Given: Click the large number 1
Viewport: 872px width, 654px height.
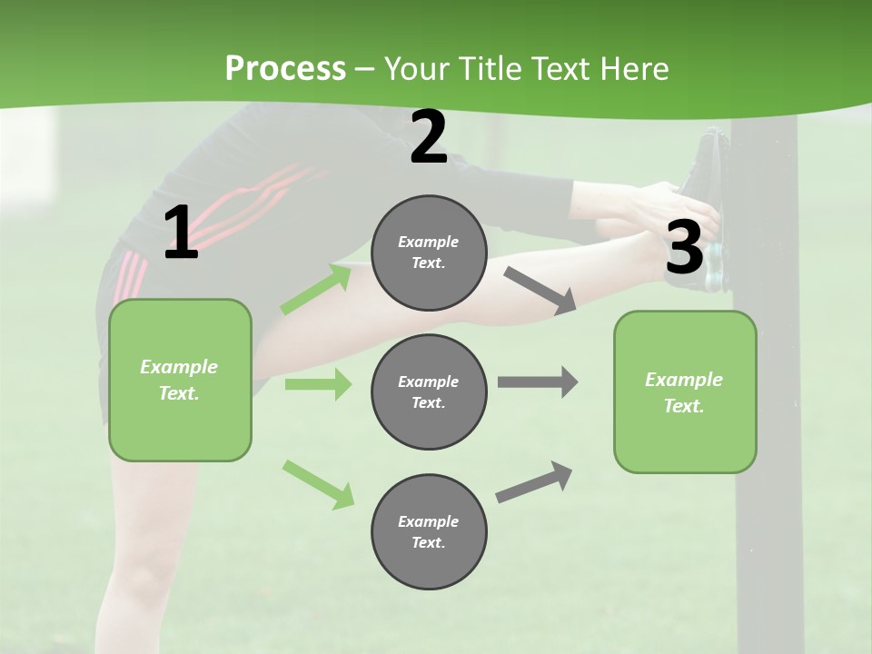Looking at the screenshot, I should coord(181,233).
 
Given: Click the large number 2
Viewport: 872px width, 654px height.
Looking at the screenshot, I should coord(429,138).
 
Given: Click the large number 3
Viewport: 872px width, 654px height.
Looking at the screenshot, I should coord(684,247).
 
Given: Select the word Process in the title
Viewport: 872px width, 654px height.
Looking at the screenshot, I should coord(285,68).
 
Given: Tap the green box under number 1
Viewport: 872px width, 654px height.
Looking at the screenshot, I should coord(180,380).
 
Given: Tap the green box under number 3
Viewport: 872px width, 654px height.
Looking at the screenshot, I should coord(685,392).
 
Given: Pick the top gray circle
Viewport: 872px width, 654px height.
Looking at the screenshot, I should coord(429,253).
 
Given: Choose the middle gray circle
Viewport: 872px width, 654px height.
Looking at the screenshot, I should coord(429,391).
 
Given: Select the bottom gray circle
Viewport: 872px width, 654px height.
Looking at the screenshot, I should coord(429,531).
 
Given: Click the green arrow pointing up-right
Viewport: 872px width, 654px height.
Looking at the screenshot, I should coord(316,289).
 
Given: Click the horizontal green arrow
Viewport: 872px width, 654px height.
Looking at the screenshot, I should coord(318,384).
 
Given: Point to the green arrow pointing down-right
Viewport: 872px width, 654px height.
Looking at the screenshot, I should coord(318,484).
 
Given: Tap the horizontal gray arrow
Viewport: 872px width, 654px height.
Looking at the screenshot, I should coord(538,382).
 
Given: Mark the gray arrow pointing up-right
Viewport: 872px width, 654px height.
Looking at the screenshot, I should coord(535,482).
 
